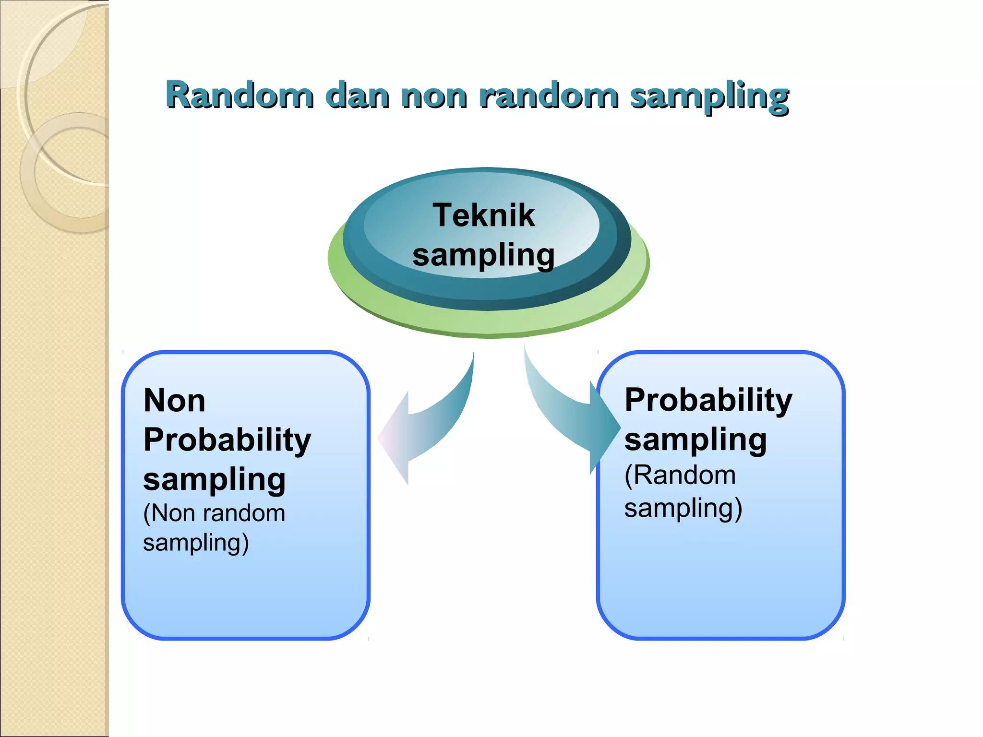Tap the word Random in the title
pos(240,95)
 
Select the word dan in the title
pos(357,95)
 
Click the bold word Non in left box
pos(174,401)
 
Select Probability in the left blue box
pos(227,440)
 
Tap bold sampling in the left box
pos(214,480)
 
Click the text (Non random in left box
pos(214,513)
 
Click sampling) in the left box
pos(196,543)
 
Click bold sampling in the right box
pos(695,440)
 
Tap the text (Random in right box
pos(680,475)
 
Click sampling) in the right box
pos(683,509)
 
